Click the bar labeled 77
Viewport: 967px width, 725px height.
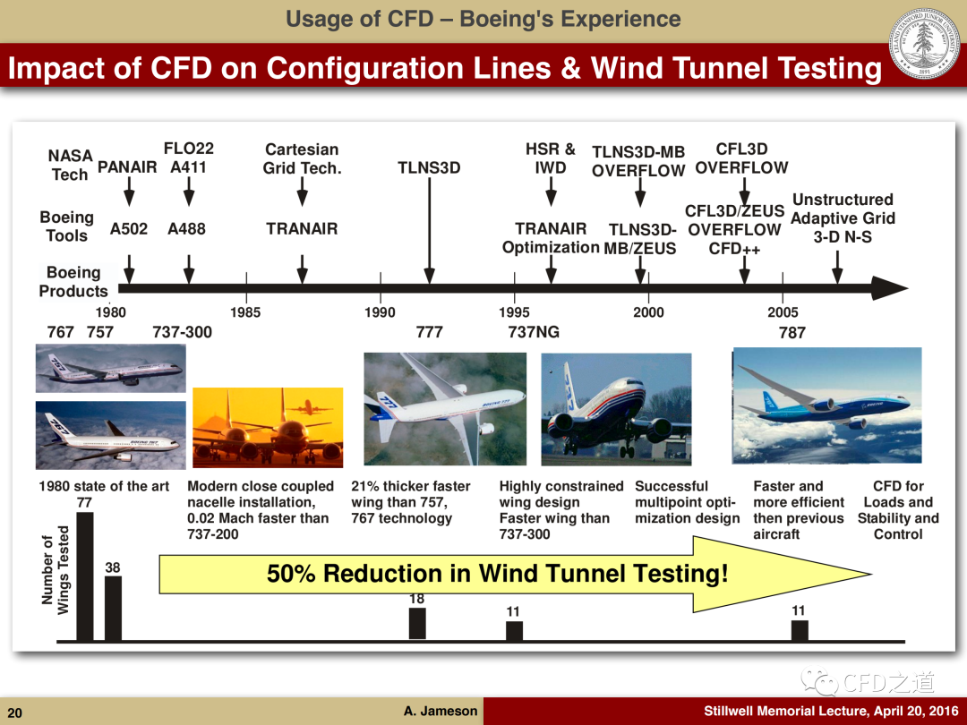coord(84,576)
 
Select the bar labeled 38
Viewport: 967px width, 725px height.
coord(113,609)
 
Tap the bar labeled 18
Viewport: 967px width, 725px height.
coord(417,624)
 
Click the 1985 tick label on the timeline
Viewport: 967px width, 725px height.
coord(245,312)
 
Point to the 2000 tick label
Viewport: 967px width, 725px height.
coord(648,312)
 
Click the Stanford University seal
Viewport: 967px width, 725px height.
coord(924,43)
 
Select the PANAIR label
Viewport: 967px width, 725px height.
coord(127,167)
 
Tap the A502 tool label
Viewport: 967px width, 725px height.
coord(129,229)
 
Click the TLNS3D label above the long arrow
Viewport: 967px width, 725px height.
coord(429,167)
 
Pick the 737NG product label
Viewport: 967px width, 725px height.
coord(534,332)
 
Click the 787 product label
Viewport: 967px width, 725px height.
coord(792,333)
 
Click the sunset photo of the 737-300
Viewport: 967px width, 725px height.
coord(268,427)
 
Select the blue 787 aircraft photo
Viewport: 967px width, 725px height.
coord(827,405)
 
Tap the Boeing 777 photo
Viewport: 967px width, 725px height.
coord(445,409)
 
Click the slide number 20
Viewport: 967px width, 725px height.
coord(15,712)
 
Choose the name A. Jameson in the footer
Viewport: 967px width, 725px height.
coord(441,711)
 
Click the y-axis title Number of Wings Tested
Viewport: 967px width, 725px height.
coord(56,570)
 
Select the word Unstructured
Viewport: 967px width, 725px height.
coord(843,200)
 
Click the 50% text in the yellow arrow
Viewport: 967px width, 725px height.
coord(291,574)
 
